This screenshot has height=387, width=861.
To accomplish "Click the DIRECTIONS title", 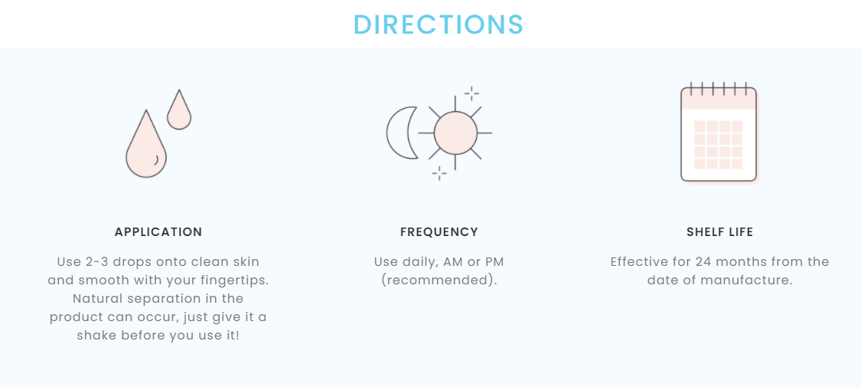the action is (439, 25).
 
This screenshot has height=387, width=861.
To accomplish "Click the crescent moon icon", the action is (401, 133).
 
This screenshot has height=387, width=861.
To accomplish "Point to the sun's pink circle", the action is (455, 133).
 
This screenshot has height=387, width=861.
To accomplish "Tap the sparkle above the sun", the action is (471, 93).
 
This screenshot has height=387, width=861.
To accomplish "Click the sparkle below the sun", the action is (439, 173).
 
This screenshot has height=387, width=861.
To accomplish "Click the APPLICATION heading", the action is (158, 232).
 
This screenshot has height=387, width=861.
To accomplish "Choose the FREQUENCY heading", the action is (439, 232).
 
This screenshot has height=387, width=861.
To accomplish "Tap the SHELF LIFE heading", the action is (720, 232).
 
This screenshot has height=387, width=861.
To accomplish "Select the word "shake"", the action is (94, 336).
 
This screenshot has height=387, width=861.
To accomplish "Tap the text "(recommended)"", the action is (439, 280).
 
